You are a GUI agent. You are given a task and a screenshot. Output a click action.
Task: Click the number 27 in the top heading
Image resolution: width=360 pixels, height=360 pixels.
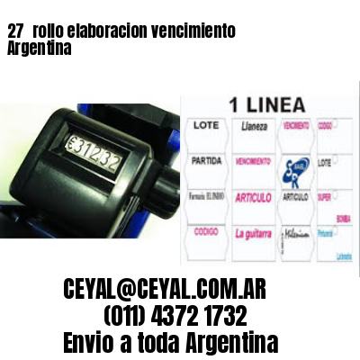click(x=14, y=31)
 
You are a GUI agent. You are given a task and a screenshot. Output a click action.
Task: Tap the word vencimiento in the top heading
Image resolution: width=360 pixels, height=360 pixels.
click(x=193, y=31)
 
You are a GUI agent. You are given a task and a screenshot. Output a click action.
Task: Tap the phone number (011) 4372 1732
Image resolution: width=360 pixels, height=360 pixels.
click(x=176, y=315)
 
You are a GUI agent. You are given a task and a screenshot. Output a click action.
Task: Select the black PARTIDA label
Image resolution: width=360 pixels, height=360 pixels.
click(x=206, y=162)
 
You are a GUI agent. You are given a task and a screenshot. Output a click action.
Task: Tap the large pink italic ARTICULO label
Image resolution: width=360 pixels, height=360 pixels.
click(x=256, y=197)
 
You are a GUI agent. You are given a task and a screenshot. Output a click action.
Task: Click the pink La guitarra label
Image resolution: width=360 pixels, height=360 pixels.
click(x=256, y=232)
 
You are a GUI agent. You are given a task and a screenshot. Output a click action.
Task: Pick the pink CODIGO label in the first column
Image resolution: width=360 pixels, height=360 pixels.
click(x=206, y=230)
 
